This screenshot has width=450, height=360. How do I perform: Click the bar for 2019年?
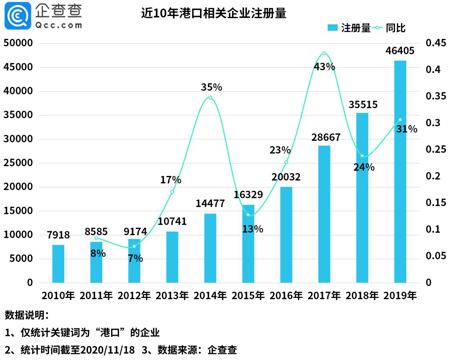point(400,172)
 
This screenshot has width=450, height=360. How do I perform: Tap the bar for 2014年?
point(210,248)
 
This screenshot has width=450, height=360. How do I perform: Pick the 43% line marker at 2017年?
point(324,54)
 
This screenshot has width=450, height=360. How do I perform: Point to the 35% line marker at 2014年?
point(210,98)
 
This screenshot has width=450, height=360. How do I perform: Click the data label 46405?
point(400,51)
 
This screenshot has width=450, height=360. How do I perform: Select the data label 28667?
point(326,137)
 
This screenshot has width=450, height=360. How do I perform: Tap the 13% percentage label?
point(252,229)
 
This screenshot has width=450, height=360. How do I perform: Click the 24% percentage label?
point(364,167)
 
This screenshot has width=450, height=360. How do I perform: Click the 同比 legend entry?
point(390,28)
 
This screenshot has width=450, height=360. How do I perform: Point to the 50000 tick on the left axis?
point(18,43)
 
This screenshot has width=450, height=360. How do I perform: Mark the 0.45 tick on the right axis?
point(435,43)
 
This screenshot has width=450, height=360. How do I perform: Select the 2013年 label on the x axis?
point(172,295)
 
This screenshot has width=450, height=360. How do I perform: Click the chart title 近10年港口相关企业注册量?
point(214,13)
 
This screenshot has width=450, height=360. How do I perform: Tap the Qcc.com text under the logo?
point(59,25)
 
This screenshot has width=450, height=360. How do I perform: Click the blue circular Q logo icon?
point(17,16)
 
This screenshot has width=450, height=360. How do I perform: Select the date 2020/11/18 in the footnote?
point(108,350)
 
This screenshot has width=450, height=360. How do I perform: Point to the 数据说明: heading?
point(27,315)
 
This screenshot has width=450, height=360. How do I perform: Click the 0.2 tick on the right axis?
point(433,176)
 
